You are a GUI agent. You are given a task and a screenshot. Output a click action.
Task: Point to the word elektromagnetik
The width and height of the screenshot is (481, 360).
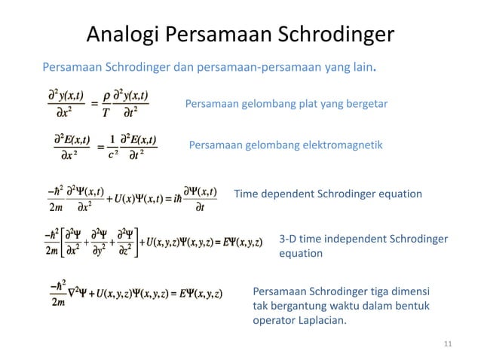click(343, 144)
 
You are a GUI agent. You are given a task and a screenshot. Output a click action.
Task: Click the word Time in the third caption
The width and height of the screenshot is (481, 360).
click(247, 194)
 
